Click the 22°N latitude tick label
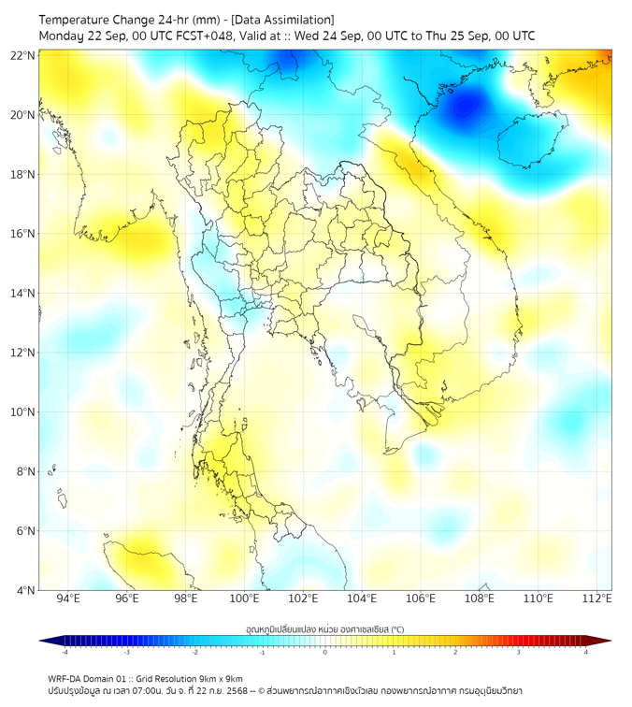pyautogui.click(x=23, y=55)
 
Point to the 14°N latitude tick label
pyautogui.click(x=23, y=293)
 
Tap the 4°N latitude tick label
pyautogui.click(x=26, y=590)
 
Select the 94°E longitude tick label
pyautogui.click(x=68, y=599)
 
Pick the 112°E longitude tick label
pyautogui.click(x=596, y=599)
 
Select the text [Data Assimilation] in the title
pyautogui.click(x=281, y=20)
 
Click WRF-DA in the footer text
pyautogui.click(x=67, y=678)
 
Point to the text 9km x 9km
pyautogui.click(x=221, y=678)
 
